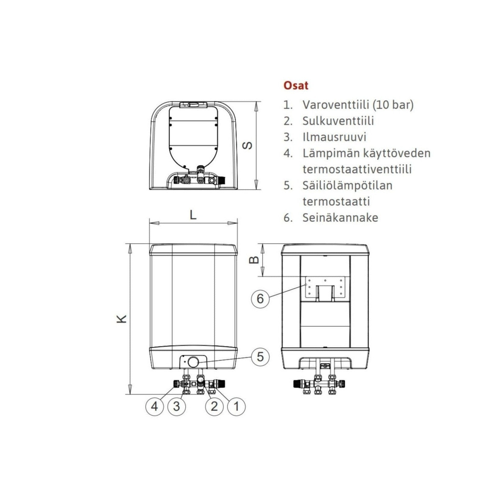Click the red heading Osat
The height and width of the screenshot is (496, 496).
[296, 85]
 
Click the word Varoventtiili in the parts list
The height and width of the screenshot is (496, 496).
[336, 105]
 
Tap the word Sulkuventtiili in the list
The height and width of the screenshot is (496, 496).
[338, 121]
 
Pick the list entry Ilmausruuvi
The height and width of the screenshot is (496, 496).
[334, 137]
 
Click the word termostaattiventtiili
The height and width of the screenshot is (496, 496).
[357, 169]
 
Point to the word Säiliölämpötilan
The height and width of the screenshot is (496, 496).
[348, 185]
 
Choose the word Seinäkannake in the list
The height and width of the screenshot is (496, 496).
[340, 218]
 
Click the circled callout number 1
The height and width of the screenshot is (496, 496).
[236, 406]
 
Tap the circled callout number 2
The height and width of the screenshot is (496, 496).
[214, 406]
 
